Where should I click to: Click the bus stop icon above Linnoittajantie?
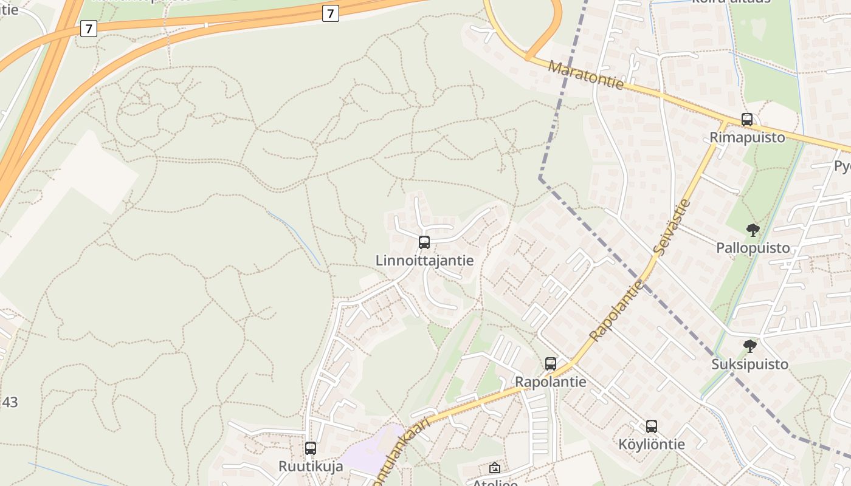pyautogui.click(x=424, y=242)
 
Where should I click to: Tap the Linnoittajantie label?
pyautogui.click(x=424, y=261)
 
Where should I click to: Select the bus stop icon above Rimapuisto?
pyautogui.click(x=747, y=120)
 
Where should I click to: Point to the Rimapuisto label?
pyautogui.click(x=747, y=138)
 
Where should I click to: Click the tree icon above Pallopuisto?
pyautogui.click(x=753, y=230)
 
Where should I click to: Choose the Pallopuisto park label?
pyautogui.click(x=753, y=248)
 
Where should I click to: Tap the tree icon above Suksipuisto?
pyautogui.click(x=750, y=346)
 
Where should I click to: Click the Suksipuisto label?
pyautogui.click(x=750, y=364)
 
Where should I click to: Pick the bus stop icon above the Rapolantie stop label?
pyautogui.click(x=551, y=364)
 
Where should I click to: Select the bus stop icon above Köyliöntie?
pyautogui.click(x=652, y=426)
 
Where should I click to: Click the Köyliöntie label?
pyautogui.click(x=652, y=444)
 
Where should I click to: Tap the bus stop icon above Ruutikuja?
pyautogui.click(x=311, y=448)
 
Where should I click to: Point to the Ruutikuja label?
pyautogui.click(x=311, y=467)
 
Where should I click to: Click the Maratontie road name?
pyautogui.click(x=586, y=75)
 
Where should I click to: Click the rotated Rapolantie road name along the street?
pyautogui.click(x=616, y=310)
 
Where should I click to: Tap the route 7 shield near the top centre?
pyautogui.click(x=330, y=13)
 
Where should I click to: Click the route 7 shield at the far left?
pyautogui.click(x=89, y=28)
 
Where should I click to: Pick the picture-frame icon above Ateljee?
pyautogui.click(x=495, y=468)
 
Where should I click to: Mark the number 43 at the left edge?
pyautogui.click(x=10, y=402)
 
